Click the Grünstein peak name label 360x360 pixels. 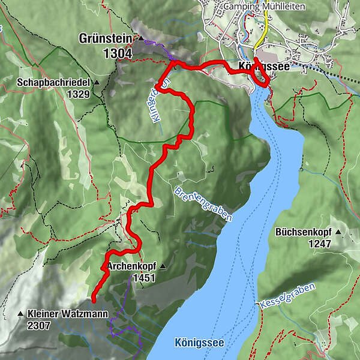tap(106, 38)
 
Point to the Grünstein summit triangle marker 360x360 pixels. tap(140, 38)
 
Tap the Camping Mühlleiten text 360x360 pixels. tap(263, 7)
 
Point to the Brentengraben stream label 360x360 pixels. tap(202, 204)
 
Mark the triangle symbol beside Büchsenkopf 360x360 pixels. tap(338, 232)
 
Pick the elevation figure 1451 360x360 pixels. tap(144, 278)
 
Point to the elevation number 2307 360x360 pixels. tap(39, 326)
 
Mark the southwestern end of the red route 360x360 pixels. tap(94, 295)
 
